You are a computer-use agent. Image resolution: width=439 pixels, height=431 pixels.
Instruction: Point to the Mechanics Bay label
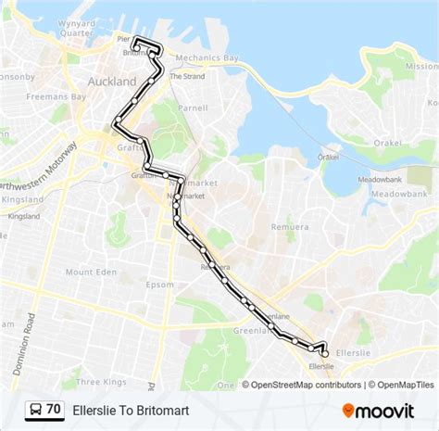pos(207,57)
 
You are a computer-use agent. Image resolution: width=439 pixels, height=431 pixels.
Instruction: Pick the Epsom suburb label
pos(159,285)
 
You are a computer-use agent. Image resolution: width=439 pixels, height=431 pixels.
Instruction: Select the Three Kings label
pos(100,381)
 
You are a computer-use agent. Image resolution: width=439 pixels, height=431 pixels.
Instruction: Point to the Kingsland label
pos(22,216)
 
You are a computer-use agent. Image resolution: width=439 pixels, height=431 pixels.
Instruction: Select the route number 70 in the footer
pos(54,409)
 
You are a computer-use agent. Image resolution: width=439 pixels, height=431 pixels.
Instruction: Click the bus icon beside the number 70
pos(34,409)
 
